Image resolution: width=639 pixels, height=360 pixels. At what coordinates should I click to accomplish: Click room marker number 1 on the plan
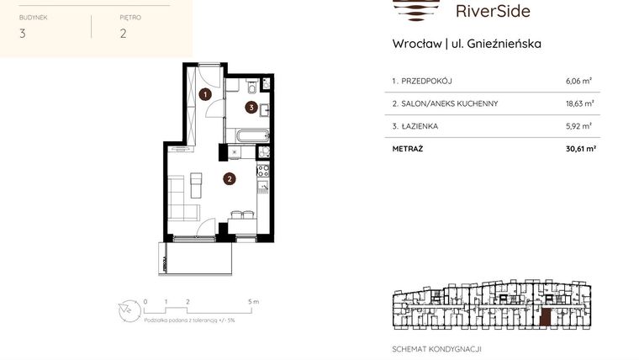[206, 94]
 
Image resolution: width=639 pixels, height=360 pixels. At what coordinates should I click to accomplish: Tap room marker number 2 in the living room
[229, 178]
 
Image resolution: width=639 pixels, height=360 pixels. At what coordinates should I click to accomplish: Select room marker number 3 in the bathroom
[251, 107]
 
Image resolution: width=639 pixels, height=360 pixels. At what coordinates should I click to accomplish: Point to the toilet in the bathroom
[251, 86]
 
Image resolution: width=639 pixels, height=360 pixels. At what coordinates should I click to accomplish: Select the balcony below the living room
[195, 257]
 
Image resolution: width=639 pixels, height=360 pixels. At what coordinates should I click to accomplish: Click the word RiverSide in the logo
[492, 11]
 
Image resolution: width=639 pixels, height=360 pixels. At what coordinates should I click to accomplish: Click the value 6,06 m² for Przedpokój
[579, 82]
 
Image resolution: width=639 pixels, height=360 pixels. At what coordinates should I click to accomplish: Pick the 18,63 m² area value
[579, 103]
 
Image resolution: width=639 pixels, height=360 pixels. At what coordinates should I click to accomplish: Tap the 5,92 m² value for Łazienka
[579, 126]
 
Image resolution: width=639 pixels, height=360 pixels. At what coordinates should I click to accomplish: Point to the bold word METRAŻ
[408, 149]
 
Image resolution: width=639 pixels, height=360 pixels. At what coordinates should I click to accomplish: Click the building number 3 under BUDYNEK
[22, 34]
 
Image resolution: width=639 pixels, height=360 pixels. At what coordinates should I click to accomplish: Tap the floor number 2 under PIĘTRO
[123, 34]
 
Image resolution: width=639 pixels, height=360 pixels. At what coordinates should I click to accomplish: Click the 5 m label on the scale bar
[254, 300]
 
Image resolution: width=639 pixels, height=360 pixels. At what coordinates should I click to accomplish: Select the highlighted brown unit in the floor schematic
[546, 318]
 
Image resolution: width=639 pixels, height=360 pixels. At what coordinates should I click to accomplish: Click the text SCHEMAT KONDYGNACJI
[436, 348]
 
